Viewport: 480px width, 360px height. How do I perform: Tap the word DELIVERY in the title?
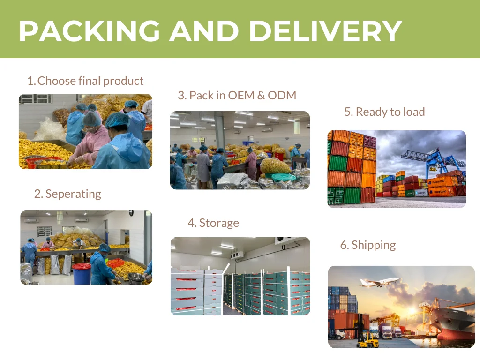coord(325,31)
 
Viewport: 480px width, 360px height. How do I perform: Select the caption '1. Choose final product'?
coord(85,81)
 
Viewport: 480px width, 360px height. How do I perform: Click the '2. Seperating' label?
coord(67,194)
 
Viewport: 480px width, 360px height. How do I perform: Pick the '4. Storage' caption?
coord(213,223)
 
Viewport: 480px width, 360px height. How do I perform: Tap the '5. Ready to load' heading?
coord(384,112)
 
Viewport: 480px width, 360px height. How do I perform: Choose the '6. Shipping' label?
coord(368,245)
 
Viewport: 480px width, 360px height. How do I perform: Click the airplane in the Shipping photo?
coord(378,282)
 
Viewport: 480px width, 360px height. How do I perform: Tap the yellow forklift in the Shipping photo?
coord(367,341)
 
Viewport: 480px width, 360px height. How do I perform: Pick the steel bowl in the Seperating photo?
coord(136,278)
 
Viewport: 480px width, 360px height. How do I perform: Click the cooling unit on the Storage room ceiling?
coord(237,255)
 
